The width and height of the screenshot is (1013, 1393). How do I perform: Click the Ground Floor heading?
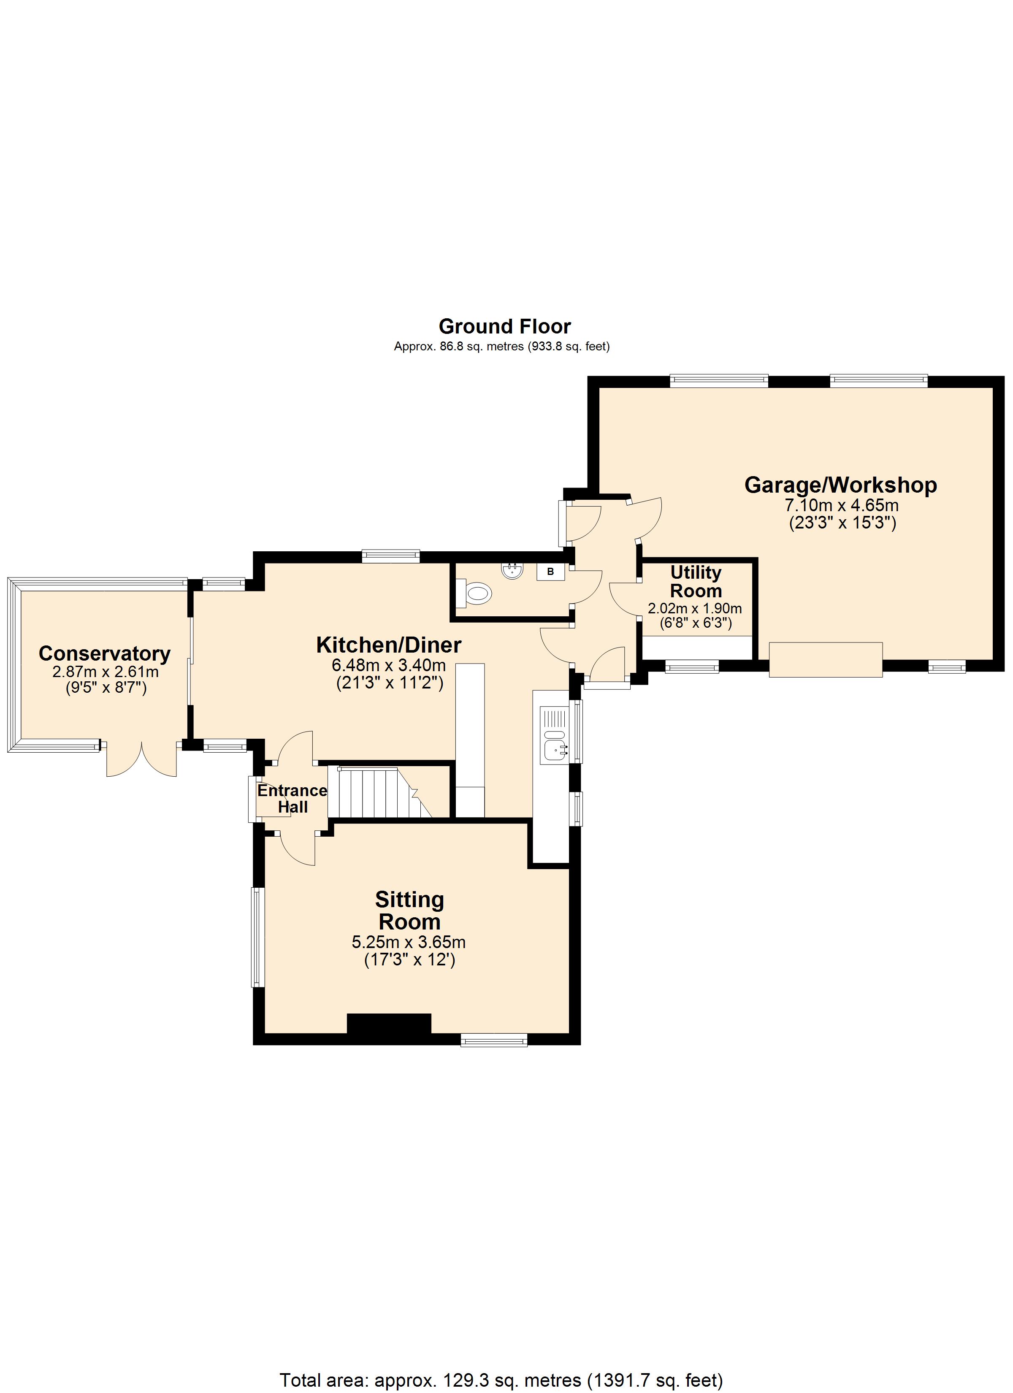504,326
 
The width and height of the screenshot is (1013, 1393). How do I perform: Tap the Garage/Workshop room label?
840,485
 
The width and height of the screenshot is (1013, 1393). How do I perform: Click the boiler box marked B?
550,571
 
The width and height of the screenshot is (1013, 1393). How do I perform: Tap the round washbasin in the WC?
512,571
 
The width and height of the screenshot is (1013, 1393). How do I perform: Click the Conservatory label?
104,653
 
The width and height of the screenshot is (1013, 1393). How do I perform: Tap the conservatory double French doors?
142,760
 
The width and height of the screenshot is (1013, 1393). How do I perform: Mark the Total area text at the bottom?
501,1379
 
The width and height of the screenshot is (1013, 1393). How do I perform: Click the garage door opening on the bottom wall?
826,660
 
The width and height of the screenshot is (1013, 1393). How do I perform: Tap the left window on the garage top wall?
719,381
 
